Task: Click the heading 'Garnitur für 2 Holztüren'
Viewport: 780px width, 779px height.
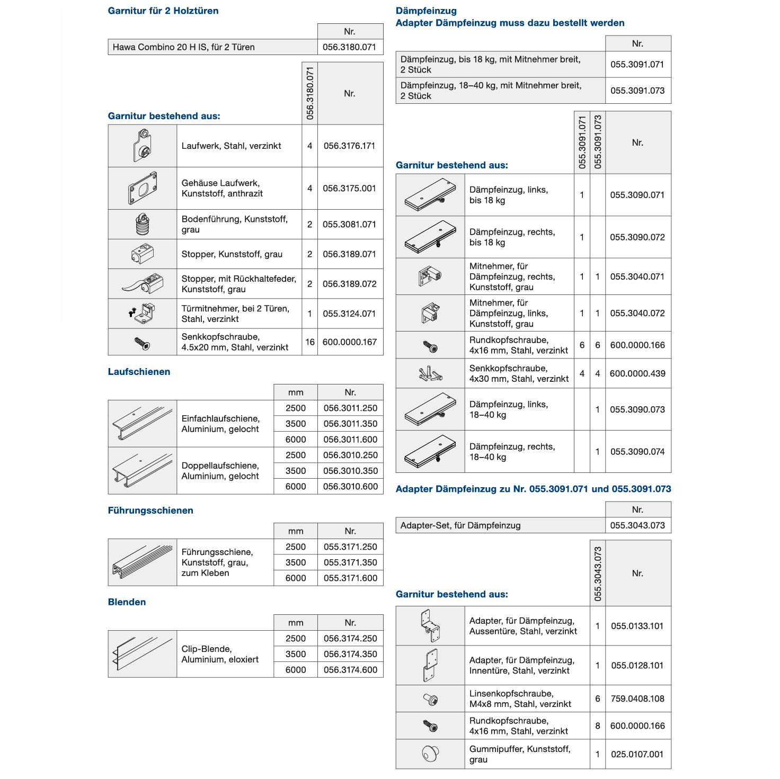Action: coord(163,11)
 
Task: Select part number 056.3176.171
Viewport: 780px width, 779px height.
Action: coord(349,146)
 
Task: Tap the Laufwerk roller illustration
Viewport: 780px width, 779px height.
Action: coord(143,146)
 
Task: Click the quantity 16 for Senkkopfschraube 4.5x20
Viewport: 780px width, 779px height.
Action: coord(310,342)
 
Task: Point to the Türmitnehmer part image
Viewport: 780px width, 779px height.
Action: coord(143,314)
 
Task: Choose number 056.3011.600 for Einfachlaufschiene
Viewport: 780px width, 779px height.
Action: coord(350,440)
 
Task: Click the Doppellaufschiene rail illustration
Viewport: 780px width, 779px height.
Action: coord(143,471)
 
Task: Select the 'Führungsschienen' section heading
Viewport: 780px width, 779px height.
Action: coord(150,511)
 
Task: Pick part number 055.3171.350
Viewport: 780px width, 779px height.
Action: coord(350,562)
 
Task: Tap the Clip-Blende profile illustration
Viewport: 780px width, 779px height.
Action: coord(143,654)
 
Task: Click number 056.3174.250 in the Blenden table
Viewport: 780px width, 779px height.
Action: coord(350,639)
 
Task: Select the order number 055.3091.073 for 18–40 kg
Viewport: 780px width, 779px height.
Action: coord(637,91)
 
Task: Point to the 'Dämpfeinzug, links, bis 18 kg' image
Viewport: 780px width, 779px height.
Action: coord(430,195)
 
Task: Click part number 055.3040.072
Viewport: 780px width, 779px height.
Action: coord(637,314)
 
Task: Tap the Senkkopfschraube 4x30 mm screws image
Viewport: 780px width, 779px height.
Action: coord(430,374)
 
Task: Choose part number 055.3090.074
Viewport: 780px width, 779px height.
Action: coord(637,452)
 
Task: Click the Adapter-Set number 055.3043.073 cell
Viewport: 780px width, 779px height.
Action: coord(637,525)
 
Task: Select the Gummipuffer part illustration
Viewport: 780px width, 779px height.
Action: coord(430,754)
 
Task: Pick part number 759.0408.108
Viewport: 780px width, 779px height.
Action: coord(637,699)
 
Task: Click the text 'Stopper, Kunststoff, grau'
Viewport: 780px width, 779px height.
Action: coord(232,254)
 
